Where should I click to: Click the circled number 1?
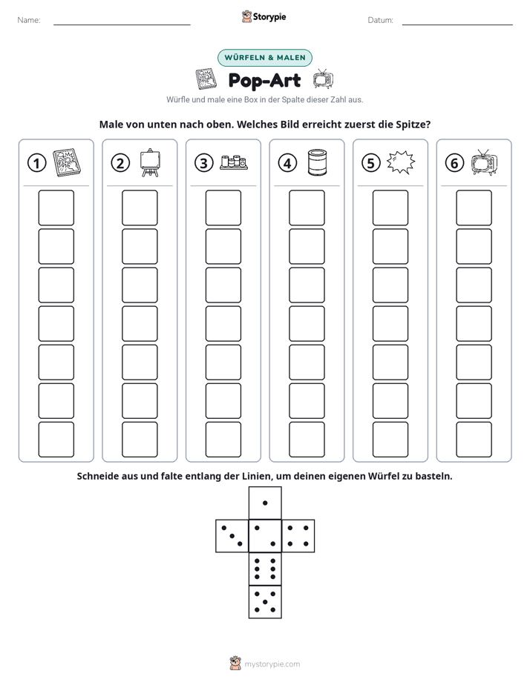(x=36, y=163)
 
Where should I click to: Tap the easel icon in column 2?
(x=150, y=162)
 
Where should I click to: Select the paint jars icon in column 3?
(x=234, y=162)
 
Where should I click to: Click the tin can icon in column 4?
(x=317, y=162)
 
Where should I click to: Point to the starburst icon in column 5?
(x=401, y=162)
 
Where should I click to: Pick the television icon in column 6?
(x=485, y=162)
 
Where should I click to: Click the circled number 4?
(x=287, y=163)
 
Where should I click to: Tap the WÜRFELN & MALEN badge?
(x=265, y=58)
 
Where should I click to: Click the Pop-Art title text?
(x=264, y=81)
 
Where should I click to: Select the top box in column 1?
(x=56, y=208)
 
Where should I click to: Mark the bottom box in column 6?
(x=474, y=440)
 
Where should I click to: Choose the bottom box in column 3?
(x=223, y=440)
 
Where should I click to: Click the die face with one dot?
(x=265, y=503)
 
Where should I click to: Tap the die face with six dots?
(x=265, y=569)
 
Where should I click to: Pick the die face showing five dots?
(x=265, y=602)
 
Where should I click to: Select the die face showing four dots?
(x=298, y=536)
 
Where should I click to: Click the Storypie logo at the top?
(x=264, y=16)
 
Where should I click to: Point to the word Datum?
(x=381, y=20)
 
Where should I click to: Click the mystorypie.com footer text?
(x=272, y=664)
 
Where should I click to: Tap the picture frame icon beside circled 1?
(x=67, y=162)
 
